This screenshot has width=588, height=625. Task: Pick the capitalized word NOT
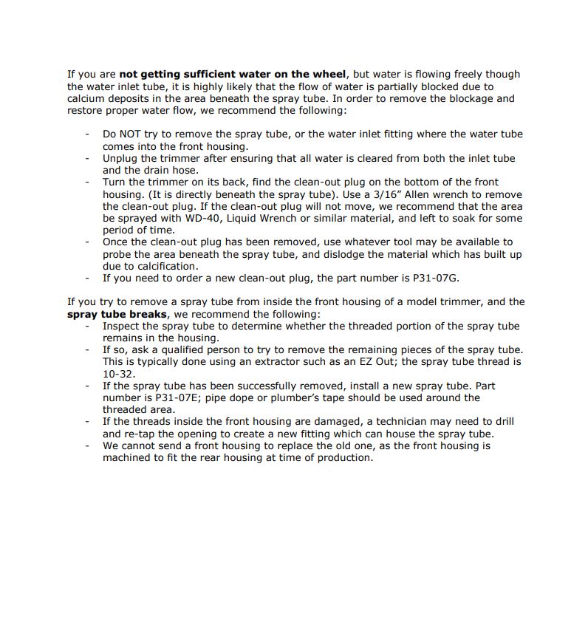(x=133, y=134)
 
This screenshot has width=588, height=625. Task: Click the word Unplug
(x=120, y=158)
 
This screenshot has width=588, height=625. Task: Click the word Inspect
(x=122, y=326)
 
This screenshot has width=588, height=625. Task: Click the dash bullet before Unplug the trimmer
(x=87, y=158)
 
